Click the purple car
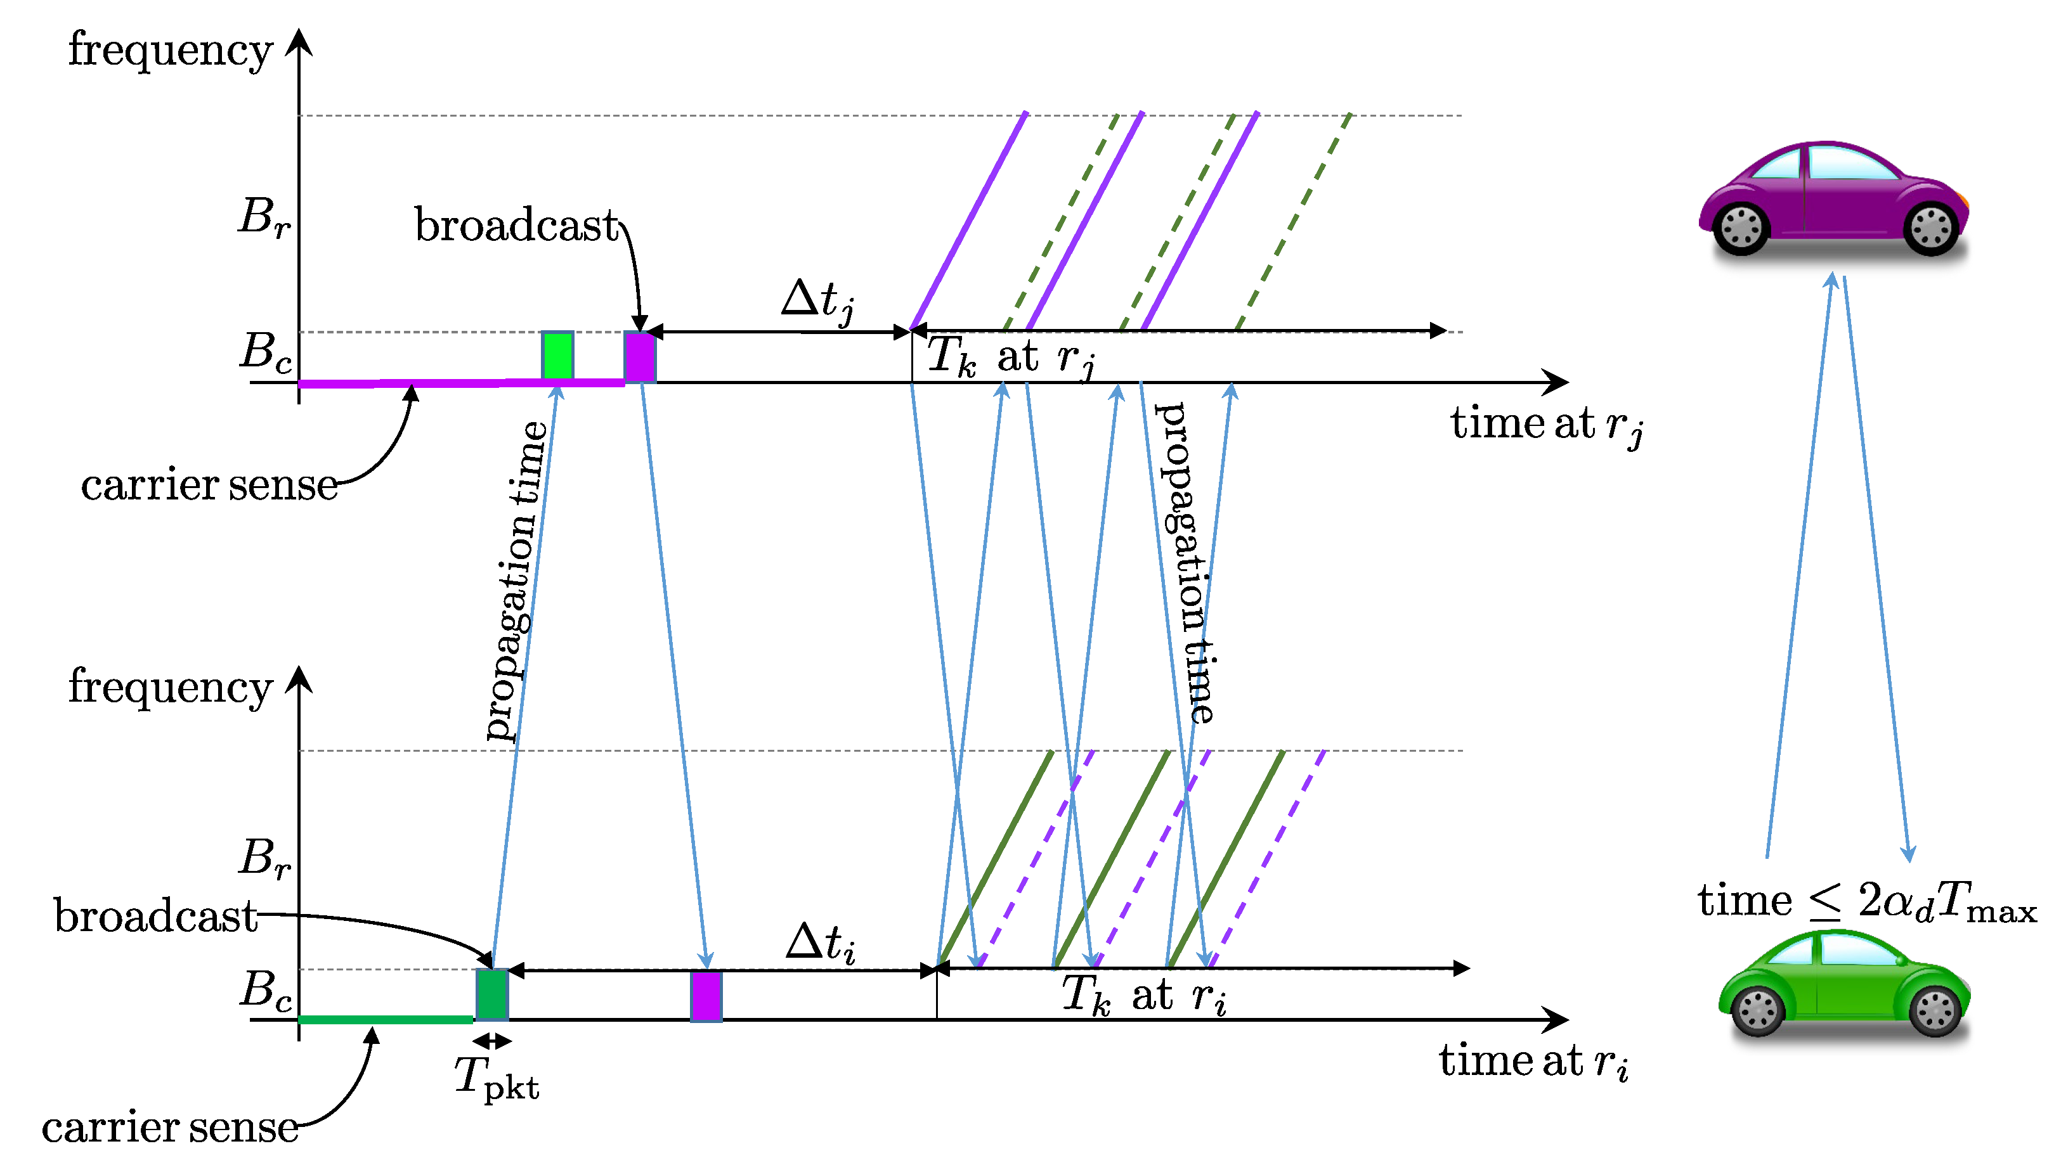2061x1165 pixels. (1833, 198)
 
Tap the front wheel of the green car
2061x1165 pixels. (1935, 1010)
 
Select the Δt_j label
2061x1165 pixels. (817, 302)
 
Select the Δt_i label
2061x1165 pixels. (821, 943)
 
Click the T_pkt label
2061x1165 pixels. (497, 1078)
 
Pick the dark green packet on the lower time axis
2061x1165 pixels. (491, 994)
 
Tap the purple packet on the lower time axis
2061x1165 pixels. (706, 996)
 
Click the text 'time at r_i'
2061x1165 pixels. (1533, 1062)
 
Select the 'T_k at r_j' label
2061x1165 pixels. (1010, 356)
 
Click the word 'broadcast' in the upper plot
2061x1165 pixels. (516, 225)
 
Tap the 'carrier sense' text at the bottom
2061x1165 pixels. (170, 1128)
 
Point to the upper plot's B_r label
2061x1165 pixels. (264, 216)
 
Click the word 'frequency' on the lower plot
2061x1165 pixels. (170, 686)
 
